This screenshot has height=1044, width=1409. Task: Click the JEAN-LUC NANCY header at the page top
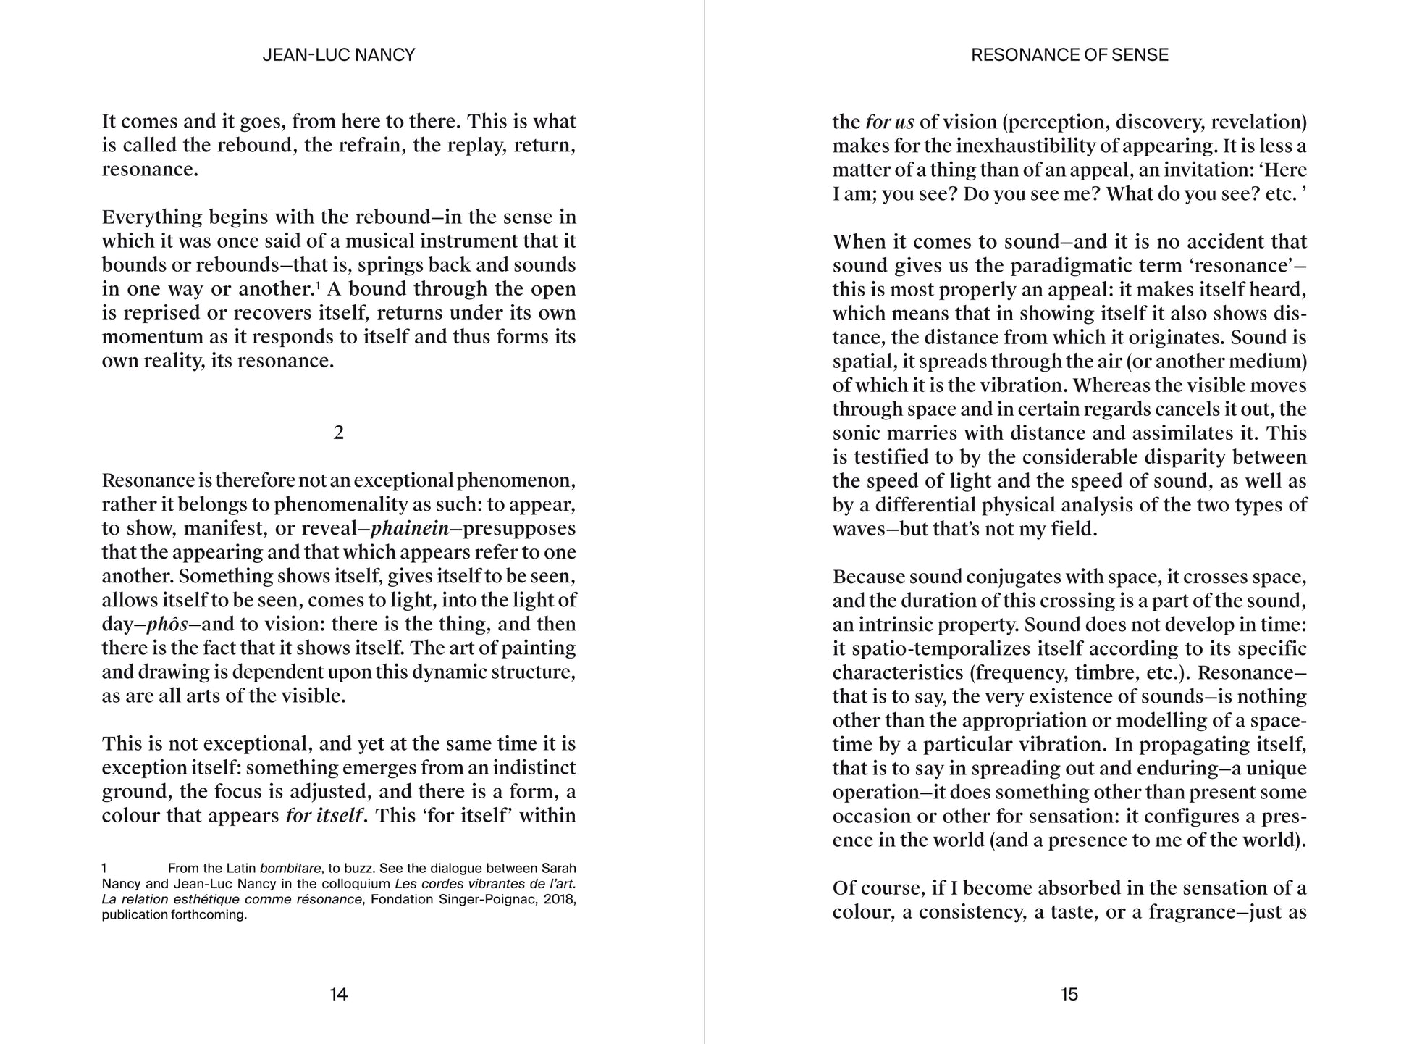pyautogui.click(x=338, y=55)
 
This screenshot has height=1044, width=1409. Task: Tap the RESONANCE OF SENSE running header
pyautogui.click(x=1069, y=55)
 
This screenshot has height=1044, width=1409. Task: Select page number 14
pyautogui.click(x=338, y=994)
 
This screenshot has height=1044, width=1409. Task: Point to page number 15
pyautogui.click(x=1069, y=994)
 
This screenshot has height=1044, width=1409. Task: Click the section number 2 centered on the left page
pyautogui.click(x=338, y=433)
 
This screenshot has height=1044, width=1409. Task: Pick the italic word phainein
pyautogui.click(x=410, y=528)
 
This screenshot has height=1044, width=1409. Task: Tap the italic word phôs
pyautogui.click(x=167, y=624)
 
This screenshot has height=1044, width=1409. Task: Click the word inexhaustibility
pyautogui.click(x=1025, y=146)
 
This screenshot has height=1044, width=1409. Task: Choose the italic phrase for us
pyautogui.click(x=890, y=122)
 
